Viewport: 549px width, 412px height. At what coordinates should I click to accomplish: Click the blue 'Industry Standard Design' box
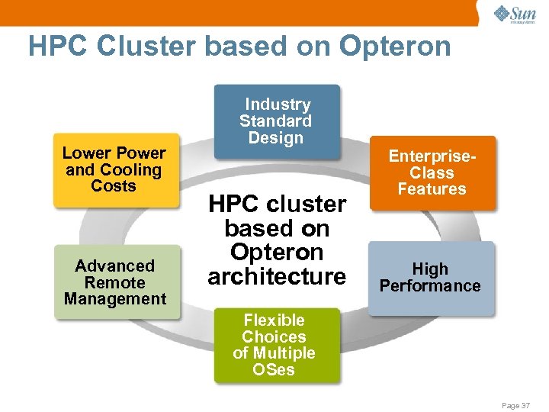[x=276, y=121]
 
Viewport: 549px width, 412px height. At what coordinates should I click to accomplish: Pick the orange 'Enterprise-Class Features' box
[x=432, y=173]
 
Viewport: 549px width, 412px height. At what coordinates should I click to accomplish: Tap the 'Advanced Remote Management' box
[x=115, y=282]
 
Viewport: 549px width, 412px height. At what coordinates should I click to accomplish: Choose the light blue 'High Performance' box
[x=431, y=278]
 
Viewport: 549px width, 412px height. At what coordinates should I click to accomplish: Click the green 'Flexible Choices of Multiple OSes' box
[x=274, y=345]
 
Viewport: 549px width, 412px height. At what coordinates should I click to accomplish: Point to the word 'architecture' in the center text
[x=276, y=276]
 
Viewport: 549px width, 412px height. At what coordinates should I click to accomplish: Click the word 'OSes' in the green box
[x=274, y=370]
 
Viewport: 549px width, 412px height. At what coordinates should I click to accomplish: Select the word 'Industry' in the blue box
[x=278, y=105]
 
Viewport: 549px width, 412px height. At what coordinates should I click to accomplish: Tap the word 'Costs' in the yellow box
[x=114, y=186]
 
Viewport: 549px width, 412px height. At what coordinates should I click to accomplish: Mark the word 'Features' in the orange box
[x=432, y=189]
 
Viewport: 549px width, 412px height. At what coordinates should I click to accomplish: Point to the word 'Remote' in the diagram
[x=115, y=282]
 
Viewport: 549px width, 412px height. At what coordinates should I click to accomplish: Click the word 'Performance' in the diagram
[x=431, y=286]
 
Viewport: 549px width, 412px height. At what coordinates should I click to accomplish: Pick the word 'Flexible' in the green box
[x=274, y=320]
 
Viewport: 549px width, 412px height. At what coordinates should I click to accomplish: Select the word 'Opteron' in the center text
[x=277, y=253]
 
